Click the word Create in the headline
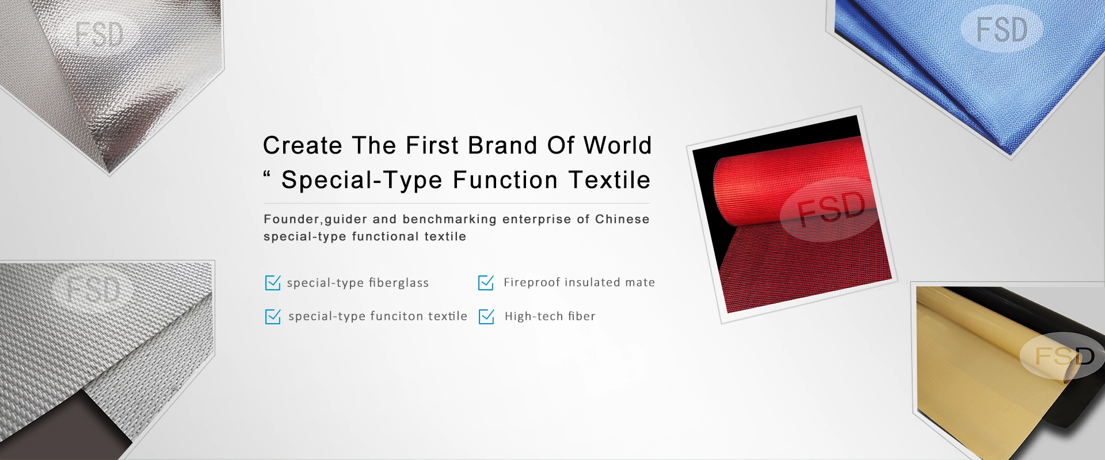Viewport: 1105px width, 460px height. tap(303, 145)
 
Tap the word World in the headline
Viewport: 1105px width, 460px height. tap(618, 145)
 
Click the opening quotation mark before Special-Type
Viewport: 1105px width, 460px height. tap(267, 174)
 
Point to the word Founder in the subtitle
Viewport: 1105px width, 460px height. tap(292, 219)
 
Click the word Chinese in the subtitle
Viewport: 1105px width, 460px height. tap(622, 219)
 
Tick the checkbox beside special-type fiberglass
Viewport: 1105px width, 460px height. tap(272, 282)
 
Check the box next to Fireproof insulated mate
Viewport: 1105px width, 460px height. tap(486, 282)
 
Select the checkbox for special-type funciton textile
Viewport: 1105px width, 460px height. tap(272, 316)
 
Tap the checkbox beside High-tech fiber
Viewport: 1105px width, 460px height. tap(486, 316)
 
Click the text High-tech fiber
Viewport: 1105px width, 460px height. tap(550, 316)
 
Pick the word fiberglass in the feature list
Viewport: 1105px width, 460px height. tap(399, 283)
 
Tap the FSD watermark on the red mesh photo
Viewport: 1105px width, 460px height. tap(832, 207)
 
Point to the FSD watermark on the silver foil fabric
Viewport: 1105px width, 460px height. tap(99, 34)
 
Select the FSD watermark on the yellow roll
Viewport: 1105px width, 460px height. tap(1064, 356)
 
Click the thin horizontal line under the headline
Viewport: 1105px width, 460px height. tap(456, 203)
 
